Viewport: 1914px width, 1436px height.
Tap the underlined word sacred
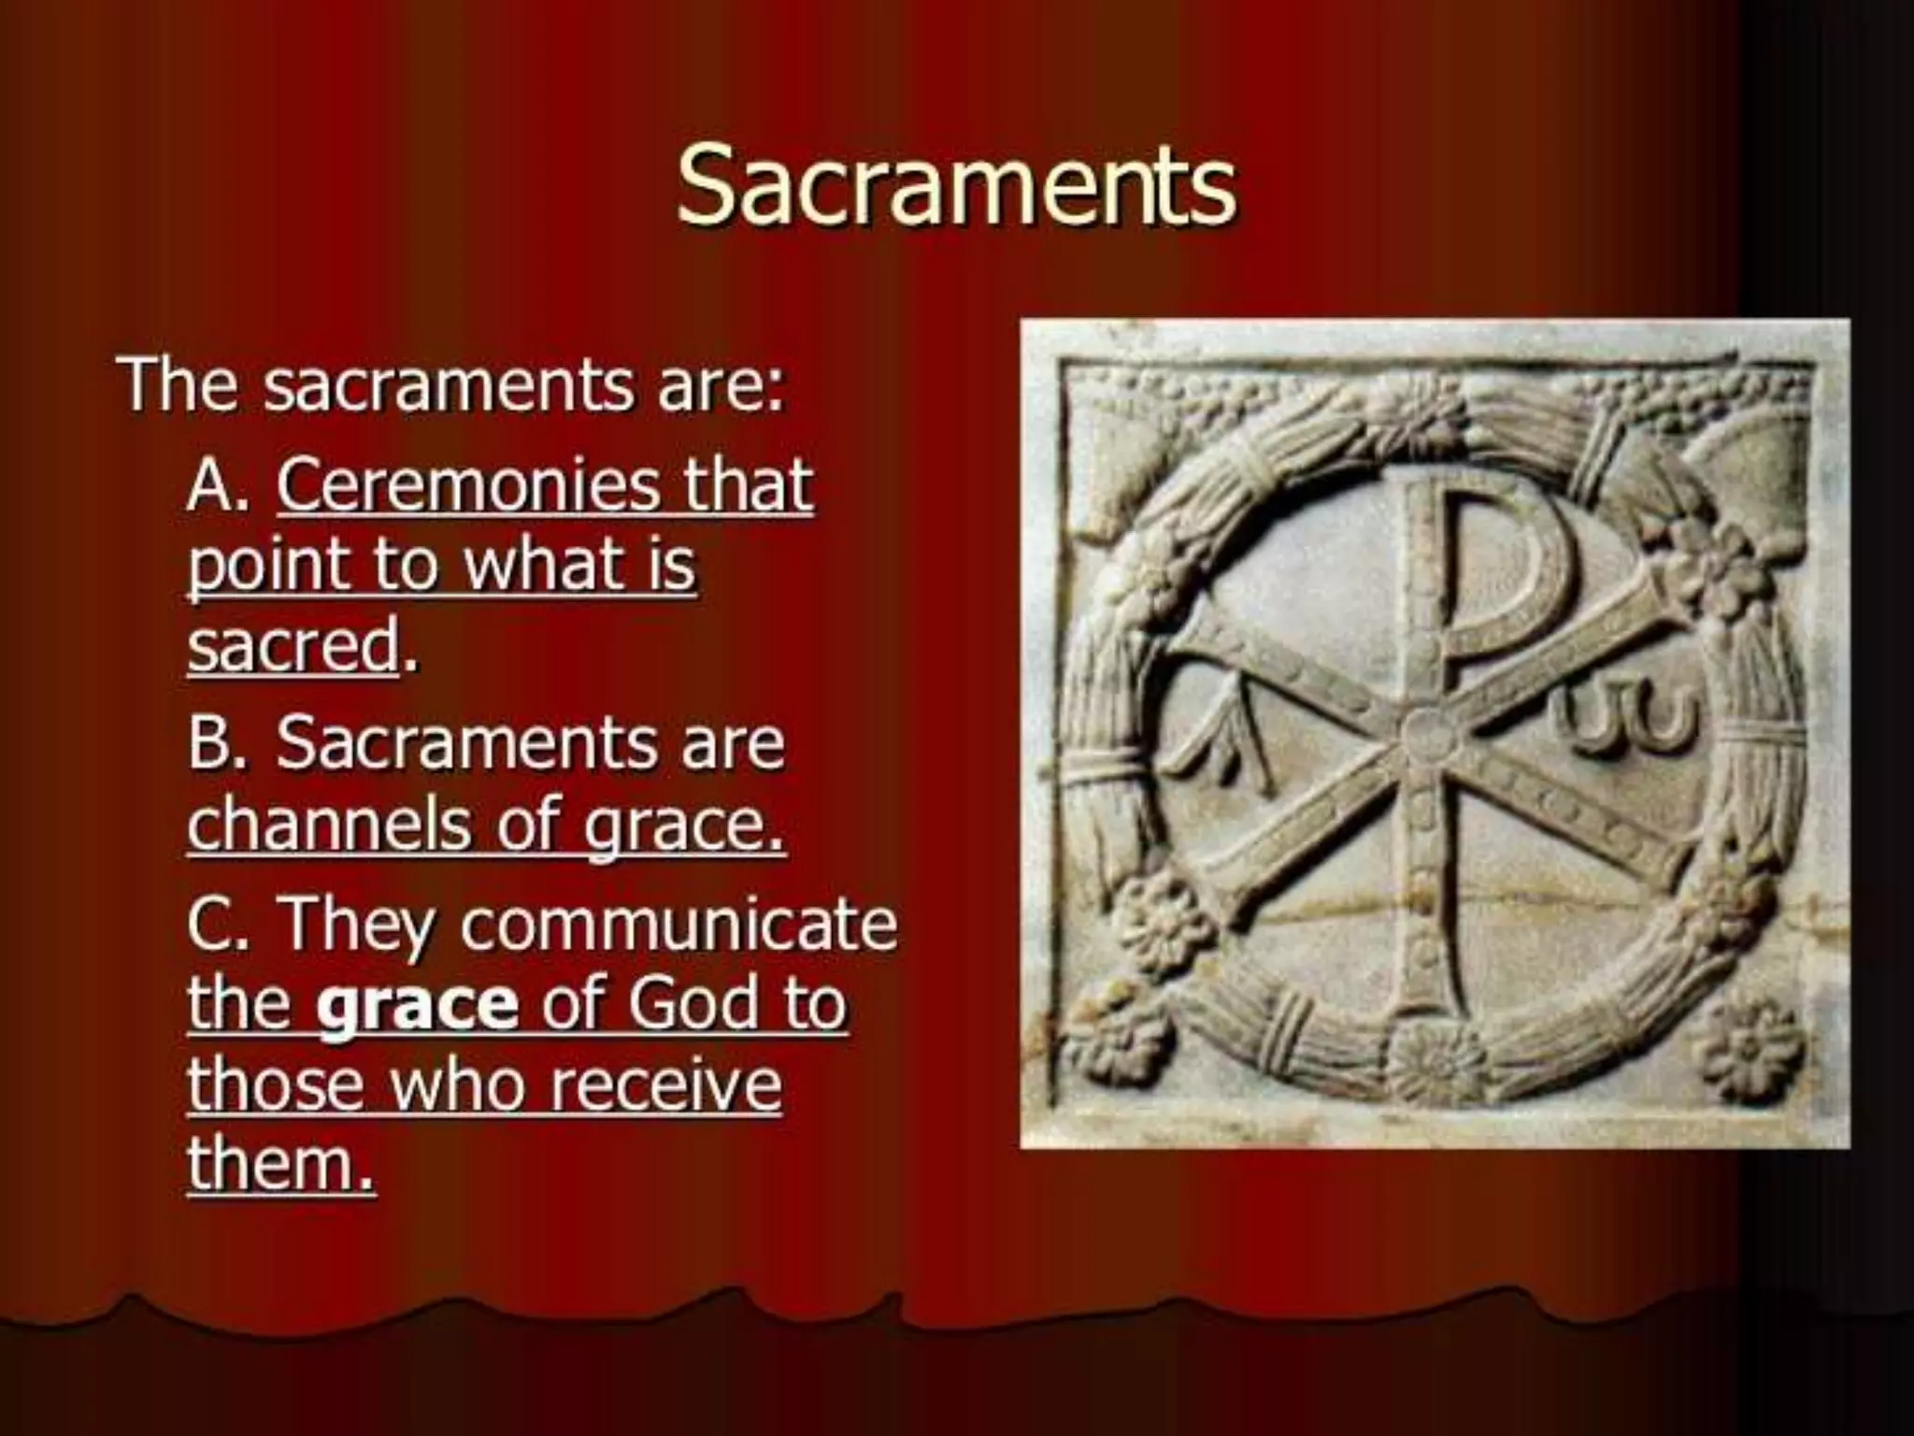pyautogui.click(x=293, y=645)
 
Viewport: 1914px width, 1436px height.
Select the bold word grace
pyautogui.click(x=417, y=1003)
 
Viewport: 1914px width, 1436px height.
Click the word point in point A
pyautogui.click(x=266, y=566)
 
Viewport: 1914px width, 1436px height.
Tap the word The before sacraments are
pyautogui.click(x=178, y=384)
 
